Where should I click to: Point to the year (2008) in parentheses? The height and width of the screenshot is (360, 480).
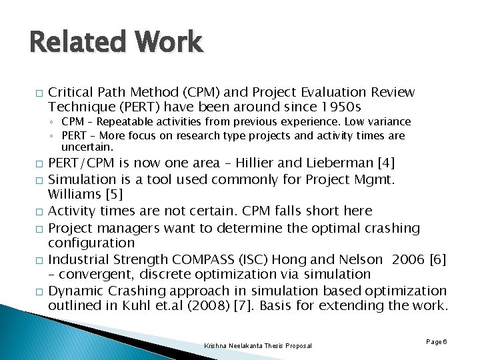(211, 306)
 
